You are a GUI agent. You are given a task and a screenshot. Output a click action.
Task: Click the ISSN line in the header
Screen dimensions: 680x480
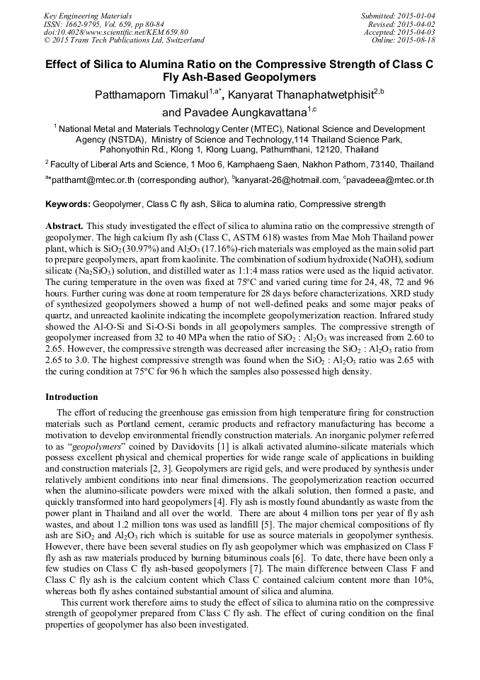coord(103,23)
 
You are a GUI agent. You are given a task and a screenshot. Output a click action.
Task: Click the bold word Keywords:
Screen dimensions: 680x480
coord(67,204)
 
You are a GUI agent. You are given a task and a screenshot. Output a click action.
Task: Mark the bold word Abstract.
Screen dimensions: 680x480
coord(64,225)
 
